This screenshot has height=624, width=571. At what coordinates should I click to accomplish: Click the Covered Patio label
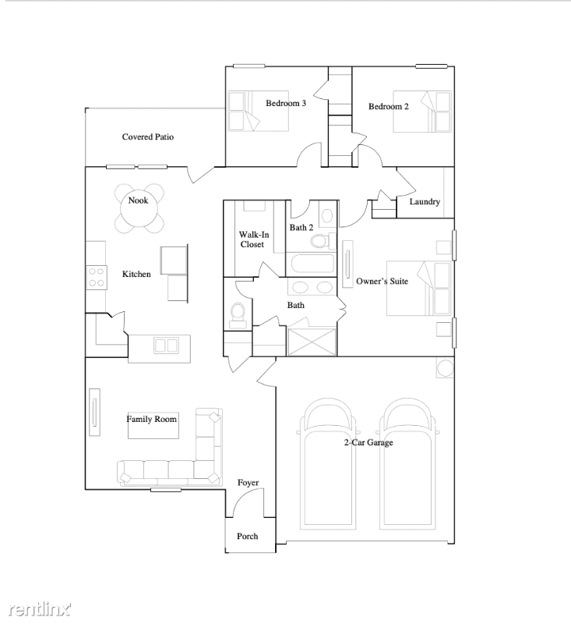click(148, 137)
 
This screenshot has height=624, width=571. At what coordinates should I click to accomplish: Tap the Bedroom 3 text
click(286, 104)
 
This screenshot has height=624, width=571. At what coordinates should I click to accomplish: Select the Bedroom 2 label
click(388, 107)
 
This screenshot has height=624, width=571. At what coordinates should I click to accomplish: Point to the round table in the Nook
click(139, 208)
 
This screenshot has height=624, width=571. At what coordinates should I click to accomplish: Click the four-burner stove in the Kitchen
click(97, 278)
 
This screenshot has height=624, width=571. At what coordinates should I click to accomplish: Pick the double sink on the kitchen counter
click(166, 346)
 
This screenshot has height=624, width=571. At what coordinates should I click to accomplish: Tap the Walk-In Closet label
click(253, 239)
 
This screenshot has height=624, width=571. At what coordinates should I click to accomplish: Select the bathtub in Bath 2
click(312, 264)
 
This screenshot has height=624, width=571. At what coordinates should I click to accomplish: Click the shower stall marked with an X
click(312, 342)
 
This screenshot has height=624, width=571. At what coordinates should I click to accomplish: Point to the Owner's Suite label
click(382, 282)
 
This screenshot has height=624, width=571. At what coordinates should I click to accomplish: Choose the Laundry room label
click(425, 202)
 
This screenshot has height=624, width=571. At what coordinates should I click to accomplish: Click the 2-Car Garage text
click(368, 442)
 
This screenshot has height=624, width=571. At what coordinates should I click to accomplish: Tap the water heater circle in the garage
click(445, 368)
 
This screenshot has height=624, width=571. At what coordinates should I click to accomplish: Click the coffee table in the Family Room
click(153, 425)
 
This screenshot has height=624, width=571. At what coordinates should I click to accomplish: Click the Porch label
click(247, 537)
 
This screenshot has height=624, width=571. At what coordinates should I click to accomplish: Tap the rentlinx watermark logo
click(40, 609)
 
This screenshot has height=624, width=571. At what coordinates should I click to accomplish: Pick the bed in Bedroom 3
click(259, 111)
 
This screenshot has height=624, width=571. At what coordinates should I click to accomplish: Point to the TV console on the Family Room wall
click(94, 413)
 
